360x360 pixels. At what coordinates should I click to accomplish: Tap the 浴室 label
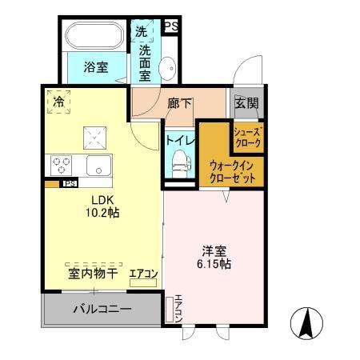coord(96,68)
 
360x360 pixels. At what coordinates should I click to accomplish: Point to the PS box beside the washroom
coord(170,26)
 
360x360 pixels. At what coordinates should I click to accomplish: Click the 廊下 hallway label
coord(180,102)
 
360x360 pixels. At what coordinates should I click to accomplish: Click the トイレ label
coord(177,139)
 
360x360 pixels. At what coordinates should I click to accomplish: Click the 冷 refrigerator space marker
coord(58,102)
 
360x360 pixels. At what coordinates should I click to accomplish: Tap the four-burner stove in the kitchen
coord(62,165)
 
